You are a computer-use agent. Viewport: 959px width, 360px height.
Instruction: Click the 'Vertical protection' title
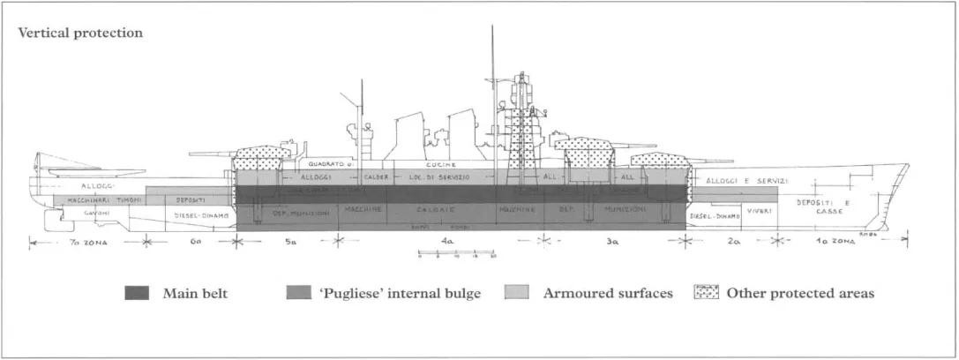coord(79,34)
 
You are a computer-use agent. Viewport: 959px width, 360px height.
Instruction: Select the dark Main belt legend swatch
coord(140,293)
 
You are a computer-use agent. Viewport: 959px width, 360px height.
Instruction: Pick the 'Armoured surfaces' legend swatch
coord(515,293)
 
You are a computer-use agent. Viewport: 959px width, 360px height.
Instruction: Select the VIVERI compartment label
coord(759,212)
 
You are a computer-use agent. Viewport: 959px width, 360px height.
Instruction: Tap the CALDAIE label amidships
coord(447,211)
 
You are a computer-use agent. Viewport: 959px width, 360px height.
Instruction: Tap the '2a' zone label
coord(734,239)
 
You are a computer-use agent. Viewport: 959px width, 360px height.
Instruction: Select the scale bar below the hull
coord(456,253)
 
